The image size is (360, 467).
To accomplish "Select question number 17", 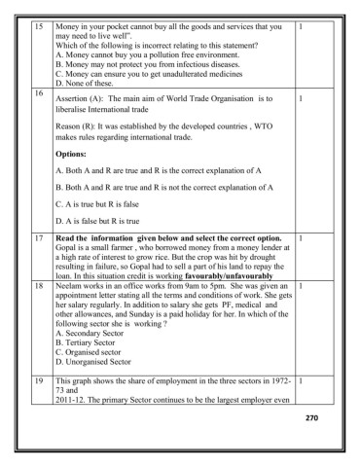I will (39, 237).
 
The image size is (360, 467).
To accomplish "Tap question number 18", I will (39, 287).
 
